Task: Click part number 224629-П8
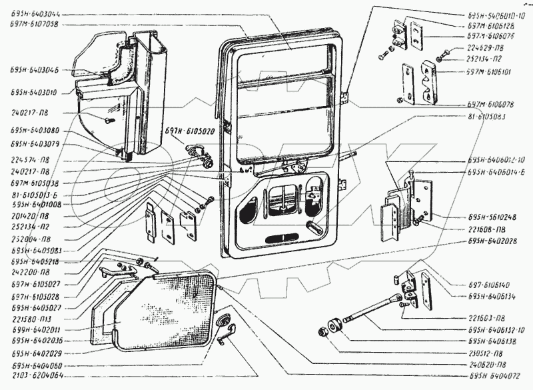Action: tap(485, 47)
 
